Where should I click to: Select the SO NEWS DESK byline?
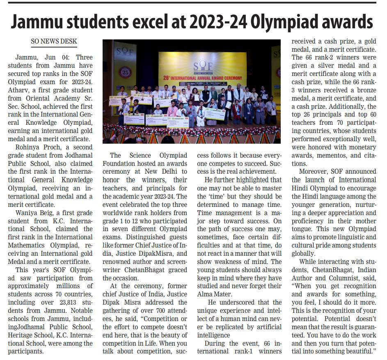tap(54, 42)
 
